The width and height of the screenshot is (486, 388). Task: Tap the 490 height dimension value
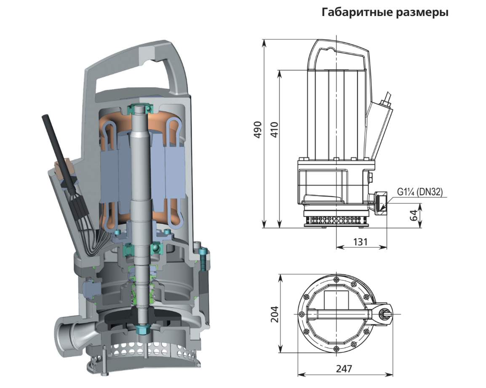pyautogui.click(x=258, y=130)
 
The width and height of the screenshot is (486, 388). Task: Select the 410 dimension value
pyautogui.click(x=274, y=130)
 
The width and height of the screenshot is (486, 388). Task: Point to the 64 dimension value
pyautogui.click(x=414, y=215)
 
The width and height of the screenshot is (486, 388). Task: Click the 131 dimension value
pyautogui.click(x=360, y=242)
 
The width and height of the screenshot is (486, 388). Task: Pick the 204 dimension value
pyautogui.click(x=275, y=314)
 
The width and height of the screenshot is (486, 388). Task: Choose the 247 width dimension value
pyautogui.click(x=344, y=369)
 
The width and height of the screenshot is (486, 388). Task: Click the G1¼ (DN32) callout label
pyautogui.click(x=420, y=192)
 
